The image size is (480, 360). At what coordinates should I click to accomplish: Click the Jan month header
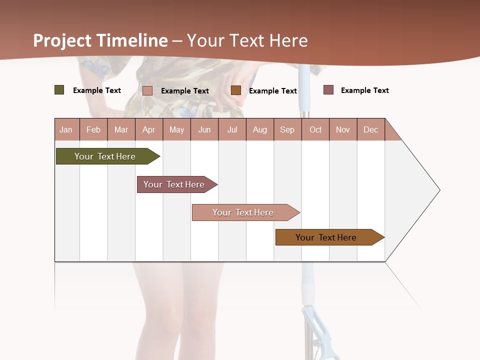click(x=66, y=129)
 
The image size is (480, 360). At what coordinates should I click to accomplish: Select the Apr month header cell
click(x=149, y=129)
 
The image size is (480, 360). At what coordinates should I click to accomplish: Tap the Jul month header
click(x=232, y=129)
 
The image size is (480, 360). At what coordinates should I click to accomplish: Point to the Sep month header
click(x=287, y=129)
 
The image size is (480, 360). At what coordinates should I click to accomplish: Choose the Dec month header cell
click(x=370, y=129)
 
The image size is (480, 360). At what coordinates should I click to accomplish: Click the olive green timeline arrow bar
click(x=105, y=156)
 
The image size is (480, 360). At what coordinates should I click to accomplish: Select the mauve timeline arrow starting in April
click(x=174, y=184)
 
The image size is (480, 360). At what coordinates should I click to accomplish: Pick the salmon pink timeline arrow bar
click(x=243, y=212)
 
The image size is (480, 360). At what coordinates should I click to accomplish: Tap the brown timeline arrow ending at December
click(x=326, y=237)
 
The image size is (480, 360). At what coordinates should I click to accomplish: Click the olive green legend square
click(x=59, y=90)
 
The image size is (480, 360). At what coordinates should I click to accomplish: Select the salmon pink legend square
click(x=147, y=90)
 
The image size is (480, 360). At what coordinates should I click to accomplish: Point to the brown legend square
click(x=236, y=90)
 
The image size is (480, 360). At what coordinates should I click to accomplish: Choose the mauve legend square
click(x=328, y=90)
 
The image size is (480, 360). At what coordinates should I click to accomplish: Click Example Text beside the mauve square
click(x=364, y=90)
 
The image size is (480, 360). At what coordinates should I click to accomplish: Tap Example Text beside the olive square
click(x=96, y=90)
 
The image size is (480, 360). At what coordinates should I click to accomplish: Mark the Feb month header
click(x=93, y=129)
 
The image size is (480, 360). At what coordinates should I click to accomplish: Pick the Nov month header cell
click(x=343, y=129)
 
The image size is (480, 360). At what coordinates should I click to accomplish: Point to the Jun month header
click(x=204, y=129)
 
